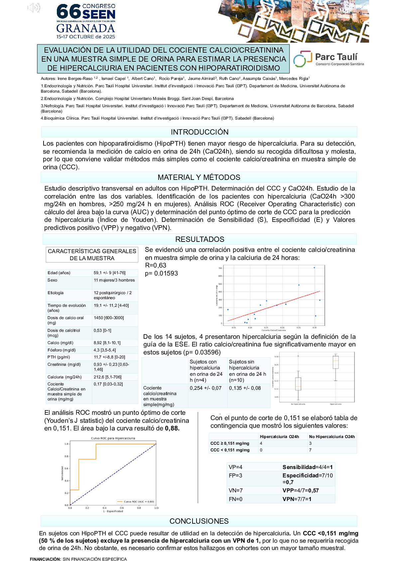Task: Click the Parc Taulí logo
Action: pyautogui.click(x=328, y=59)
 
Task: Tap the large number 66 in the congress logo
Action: pyautogui.click(x=68, y=12)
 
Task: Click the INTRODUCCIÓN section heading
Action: pyautogui.click(x=199, y=132)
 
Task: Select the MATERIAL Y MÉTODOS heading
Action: pyautogui.click(x=199, y=177)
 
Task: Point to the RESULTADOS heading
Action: pyautogui.click(x=199, y=239)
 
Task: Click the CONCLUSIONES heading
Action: pyautogui.click(x=199, y=521)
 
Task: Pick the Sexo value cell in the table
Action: pyautogui.click(x=114, y=280)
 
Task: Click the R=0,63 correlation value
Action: pyautogui.click(x=156, y=266)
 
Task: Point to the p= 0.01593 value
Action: pyautogui.click(x=161, y=274)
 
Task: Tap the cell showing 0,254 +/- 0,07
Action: pyautogui.click(x=205, y=388)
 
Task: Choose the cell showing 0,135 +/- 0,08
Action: pyautogui.click(x=245, y=388)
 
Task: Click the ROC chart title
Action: pyautogui.click(x=113, y=438)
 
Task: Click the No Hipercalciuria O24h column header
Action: pyautogui.click(x=332, y=437)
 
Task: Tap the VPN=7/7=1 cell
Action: pyautogui.click(x=297, y=499)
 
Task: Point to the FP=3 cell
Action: pyautogui.click(x=235, y=475)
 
